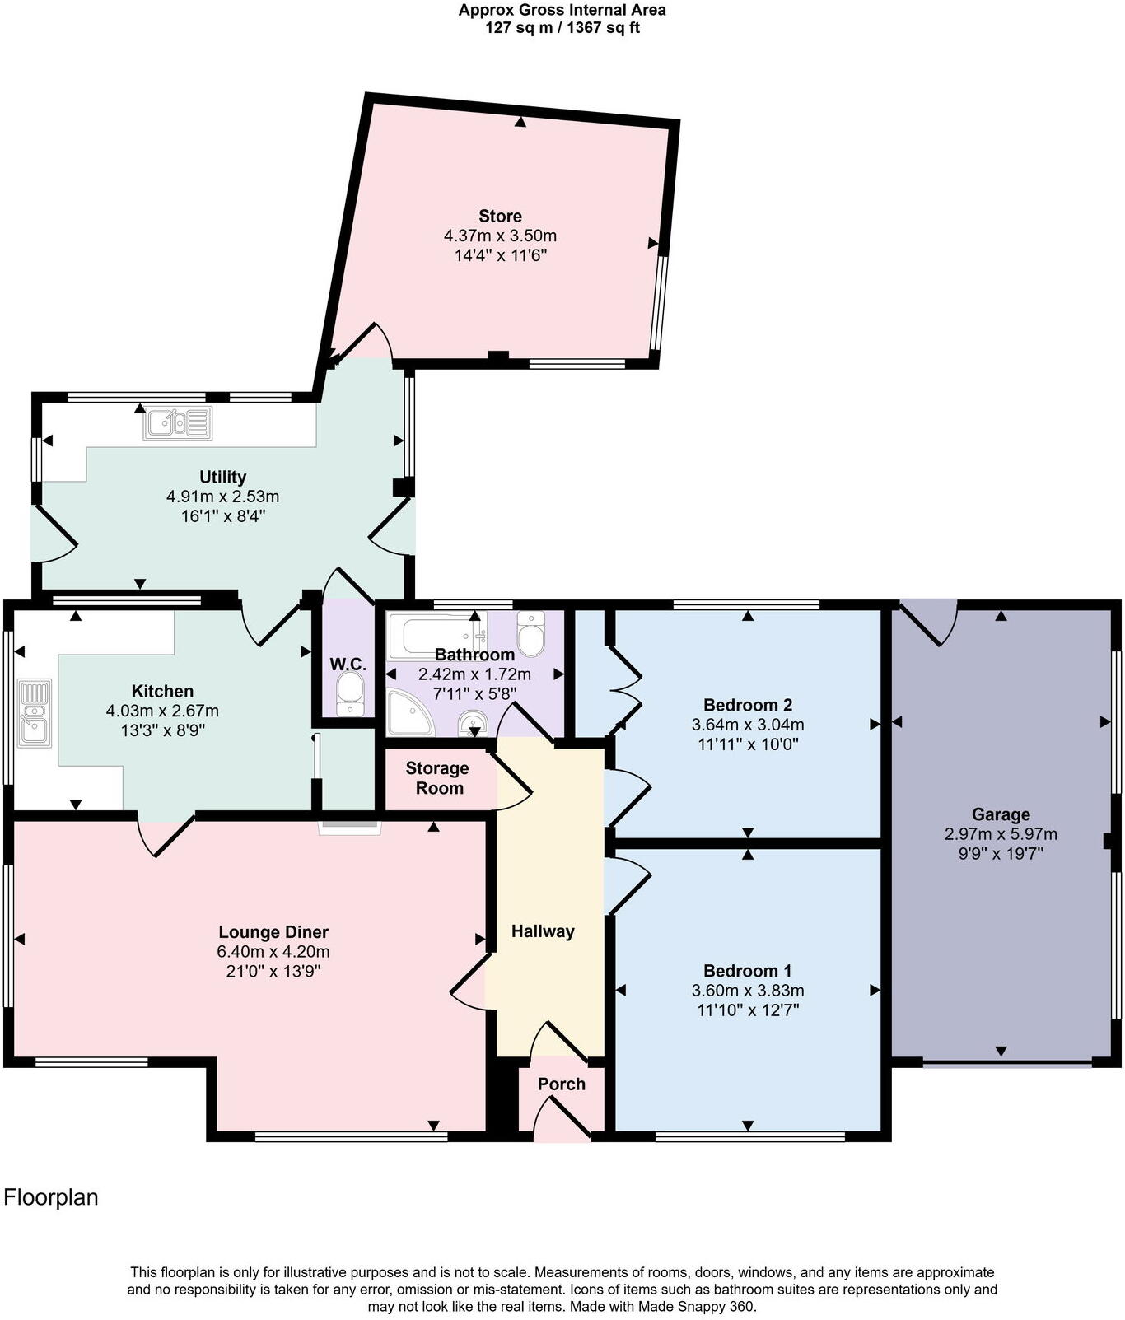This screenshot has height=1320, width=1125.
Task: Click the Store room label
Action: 500,216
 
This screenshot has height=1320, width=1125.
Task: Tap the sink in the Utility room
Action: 178,423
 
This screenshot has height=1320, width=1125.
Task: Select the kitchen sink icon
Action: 35,713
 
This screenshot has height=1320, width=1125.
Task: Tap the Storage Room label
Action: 437,778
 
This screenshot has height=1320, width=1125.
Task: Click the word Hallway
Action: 543,931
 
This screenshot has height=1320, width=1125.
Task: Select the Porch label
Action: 562,1084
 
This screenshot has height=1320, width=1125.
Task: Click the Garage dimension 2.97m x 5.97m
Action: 1001,834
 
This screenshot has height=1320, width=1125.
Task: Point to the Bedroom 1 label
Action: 748,971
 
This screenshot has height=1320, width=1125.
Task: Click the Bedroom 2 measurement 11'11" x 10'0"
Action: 748,744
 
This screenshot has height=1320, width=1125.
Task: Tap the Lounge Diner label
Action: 273,932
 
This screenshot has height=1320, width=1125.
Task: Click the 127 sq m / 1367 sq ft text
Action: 562,28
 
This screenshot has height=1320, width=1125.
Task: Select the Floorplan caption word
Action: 51,1197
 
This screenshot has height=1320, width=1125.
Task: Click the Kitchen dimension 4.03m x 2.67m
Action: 162,711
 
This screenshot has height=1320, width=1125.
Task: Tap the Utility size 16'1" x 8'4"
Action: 222,516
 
